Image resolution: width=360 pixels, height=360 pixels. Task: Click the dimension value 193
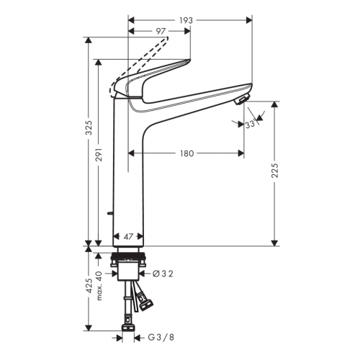tap(186, 20)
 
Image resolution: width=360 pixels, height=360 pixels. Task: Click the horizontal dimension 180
tap(186, 153)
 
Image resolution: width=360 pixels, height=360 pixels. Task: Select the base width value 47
tap(129, 236)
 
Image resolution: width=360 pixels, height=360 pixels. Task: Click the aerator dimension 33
tap(251, 125)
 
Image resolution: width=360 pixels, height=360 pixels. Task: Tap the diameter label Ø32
tap(163, 273)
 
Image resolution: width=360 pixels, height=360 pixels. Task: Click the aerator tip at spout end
tap(243, 98)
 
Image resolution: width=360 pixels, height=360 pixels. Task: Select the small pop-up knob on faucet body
tap(108, 214)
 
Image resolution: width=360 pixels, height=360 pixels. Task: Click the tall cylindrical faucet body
tap(130, 173)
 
